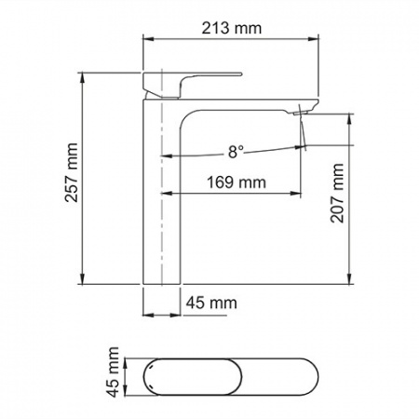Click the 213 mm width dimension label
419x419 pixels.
232,28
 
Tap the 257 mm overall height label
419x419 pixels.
72,172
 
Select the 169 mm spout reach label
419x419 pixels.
237,182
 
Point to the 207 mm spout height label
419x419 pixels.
337,193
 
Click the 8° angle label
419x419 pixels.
236,152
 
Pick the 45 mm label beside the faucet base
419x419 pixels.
211,303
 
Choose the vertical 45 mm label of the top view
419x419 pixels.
113,372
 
